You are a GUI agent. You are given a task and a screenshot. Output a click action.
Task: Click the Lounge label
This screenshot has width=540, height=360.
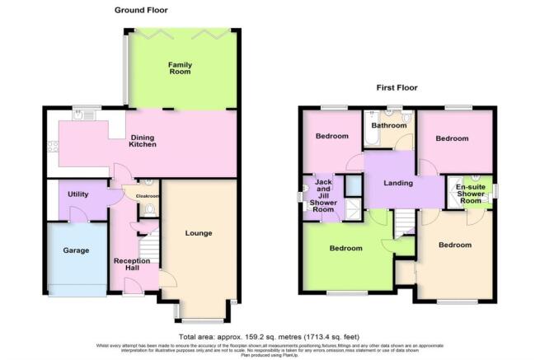[x=199, y=233]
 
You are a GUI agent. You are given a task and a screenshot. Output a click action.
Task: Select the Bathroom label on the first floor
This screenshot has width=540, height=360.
[x=388, y=126]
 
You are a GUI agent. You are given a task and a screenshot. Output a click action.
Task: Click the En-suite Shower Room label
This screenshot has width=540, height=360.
[x=471, y=193]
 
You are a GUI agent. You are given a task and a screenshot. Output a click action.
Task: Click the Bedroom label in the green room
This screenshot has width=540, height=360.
[x=345, y=248]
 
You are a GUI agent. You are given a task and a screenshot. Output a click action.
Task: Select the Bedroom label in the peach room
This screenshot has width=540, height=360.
[x=454, y=245]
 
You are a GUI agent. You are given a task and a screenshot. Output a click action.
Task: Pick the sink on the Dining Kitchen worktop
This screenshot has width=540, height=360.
[x=81, y=116]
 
